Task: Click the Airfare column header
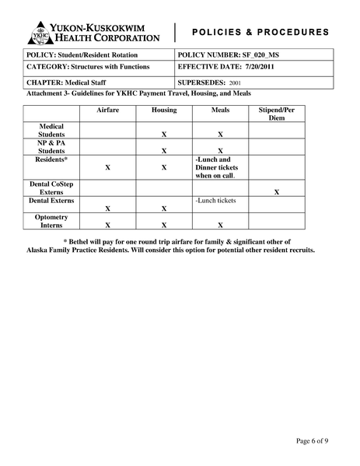click(x=107, y=110)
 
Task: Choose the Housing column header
click(x=164, y=110)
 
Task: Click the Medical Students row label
click(x=51, y=130)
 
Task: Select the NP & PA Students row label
click(x=51, y=146)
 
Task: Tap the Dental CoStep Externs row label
click(x=51, y=187)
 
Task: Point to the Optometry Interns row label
click(x=51, y=221)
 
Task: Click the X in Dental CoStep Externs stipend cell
click(x=277, y=191)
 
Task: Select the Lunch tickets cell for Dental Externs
click(x=216, y=201)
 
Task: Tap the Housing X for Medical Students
click(x=164, y=135)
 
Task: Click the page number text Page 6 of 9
click(x=313, y=441)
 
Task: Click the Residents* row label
click(x=51, y=159)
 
